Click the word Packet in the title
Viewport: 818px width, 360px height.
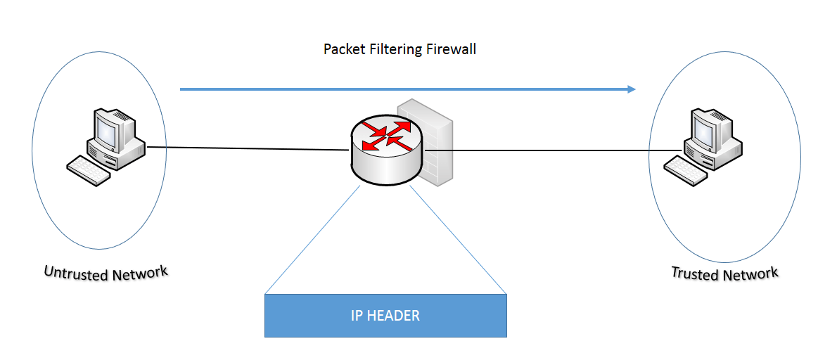pos(343,50)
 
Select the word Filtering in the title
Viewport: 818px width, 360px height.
pos(395,50)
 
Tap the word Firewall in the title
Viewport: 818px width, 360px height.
pos(452,50)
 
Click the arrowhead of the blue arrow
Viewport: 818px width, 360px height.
pos(631,89)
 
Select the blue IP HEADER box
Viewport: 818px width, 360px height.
pos(385,316)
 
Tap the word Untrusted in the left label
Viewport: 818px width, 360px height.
pos(74,271)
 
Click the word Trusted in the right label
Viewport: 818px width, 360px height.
pos(693,273)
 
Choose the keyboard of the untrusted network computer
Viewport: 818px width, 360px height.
pos(89,170)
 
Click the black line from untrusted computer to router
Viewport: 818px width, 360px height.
pos(246,148)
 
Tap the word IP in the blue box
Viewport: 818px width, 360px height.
pos(357,316)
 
